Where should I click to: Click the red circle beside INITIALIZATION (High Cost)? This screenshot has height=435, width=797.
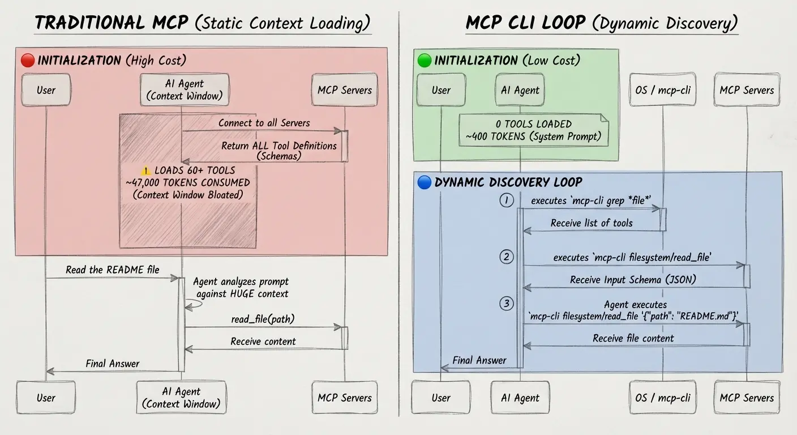(28, 60)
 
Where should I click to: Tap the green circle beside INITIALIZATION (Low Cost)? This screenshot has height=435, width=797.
(424, 60)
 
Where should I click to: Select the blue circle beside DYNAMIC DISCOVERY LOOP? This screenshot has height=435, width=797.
(424, 182)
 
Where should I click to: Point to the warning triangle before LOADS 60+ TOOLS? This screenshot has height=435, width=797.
(146, 170)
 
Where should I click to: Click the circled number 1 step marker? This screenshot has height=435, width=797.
(507, 200)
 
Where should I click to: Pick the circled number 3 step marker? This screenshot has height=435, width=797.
(507, 304)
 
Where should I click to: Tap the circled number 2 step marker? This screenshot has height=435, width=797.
(507, 257)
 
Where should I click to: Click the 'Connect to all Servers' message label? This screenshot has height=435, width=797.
(264, 122)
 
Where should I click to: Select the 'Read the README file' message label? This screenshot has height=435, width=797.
(112, 270)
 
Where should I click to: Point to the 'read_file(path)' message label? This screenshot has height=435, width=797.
(263, 319)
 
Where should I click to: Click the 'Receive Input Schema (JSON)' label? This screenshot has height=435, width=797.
(633, 279)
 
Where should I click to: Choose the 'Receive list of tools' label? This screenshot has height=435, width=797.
(592, 223)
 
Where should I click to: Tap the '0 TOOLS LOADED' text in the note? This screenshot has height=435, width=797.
(533, 123)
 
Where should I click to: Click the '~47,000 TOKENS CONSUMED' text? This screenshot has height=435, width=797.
(187, 182)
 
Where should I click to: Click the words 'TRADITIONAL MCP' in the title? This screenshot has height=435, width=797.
(112, 23)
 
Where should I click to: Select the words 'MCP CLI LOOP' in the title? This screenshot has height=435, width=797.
(526, 23)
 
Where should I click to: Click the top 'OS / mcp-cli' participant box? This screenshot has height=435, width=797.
(663, 89)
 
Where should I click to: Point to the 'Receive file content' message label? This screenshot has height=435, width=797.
(633, 338)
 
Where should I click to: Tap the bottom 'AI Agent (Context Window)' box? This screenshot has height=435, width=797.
(181, 397)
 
